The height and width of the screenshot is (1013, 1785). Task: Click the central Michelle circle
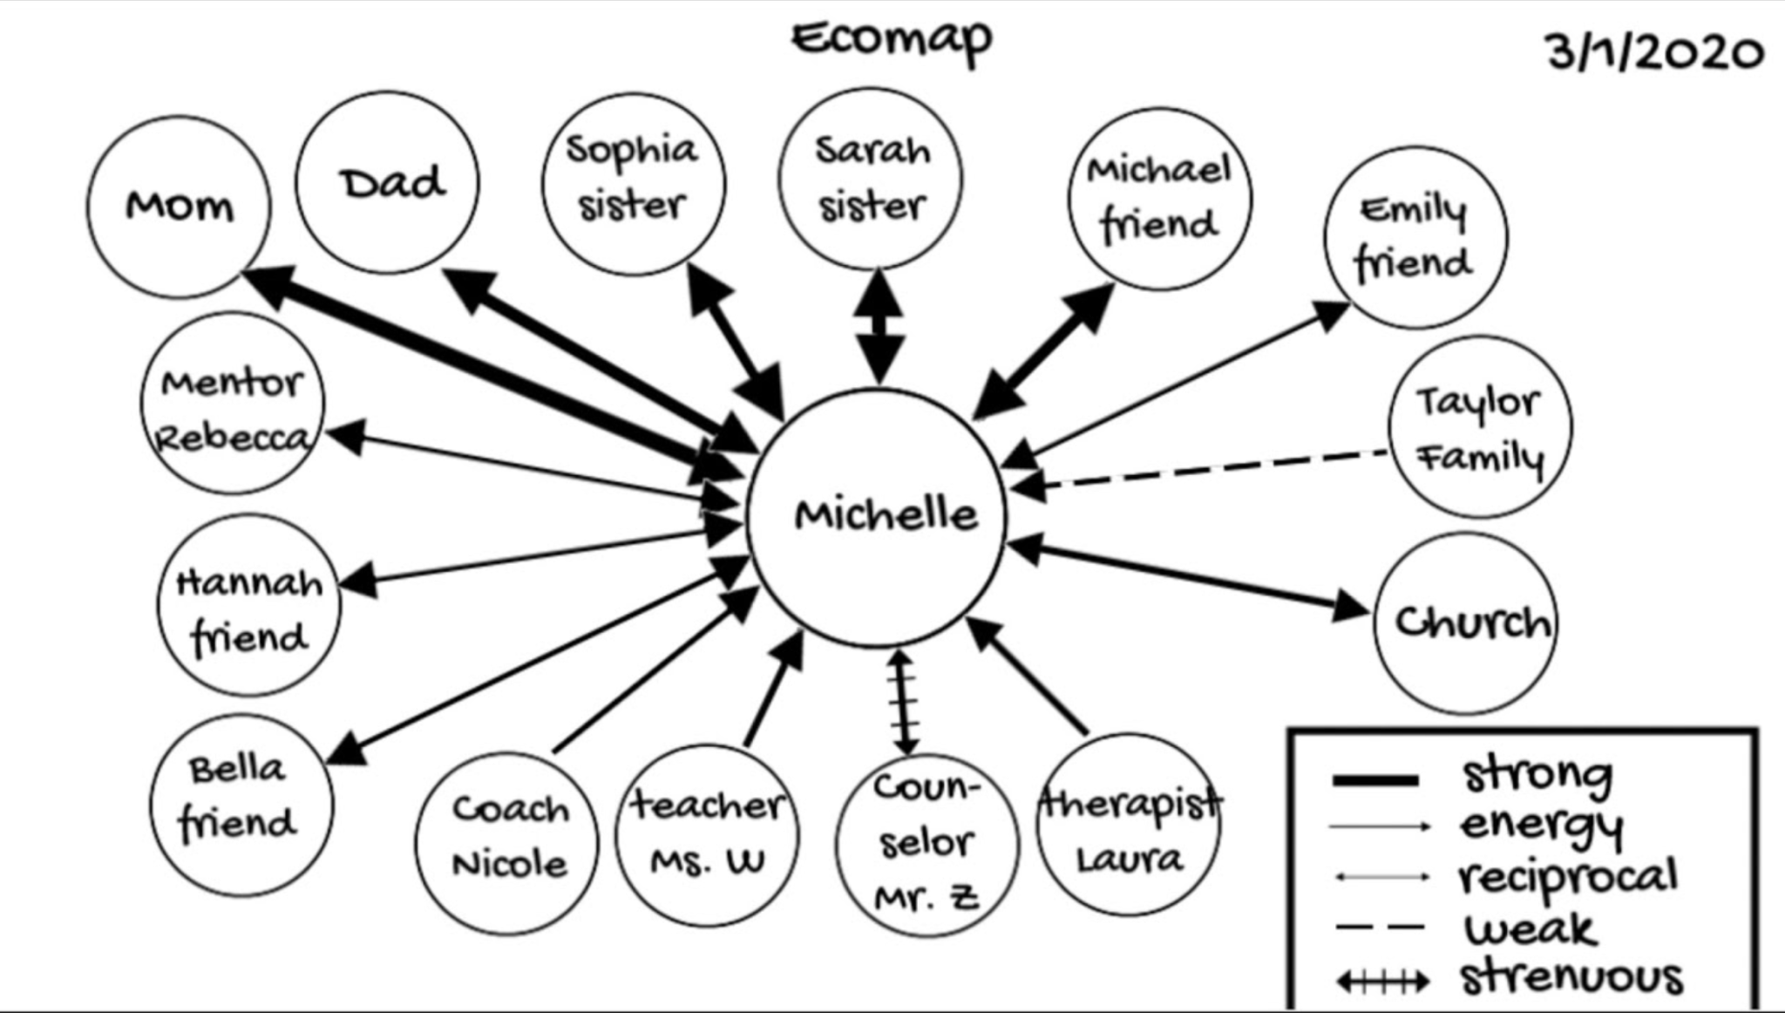tap(876, 517)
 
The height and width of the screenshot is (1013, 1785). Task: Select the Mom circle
tap(179, 207)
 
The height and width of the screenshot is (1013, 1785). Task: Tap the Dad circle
tap(388, 183)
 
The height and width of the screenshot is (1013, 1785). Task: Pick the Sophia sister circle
tap(634, 184)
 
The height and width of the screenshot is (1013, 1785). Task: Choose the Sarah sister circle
tap(871, 179)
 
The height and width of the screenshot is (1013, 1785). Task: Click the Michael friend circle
tap(1160, 199)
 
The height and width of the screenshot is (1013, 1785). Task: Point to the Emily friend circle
tap(1415, 237)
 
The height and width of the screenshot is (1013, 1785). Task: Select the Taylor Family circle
tap(1480, 428)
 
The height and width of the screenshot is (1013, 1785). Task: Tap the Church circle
tap(1466, 622)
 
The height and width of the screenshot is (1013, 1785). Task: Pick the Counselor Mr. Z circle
tap(926, 844)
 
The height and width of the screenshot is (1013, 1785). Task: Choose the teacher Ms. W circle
tap(707, 834)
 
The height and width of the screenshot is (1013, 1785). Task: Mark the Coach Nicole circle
tap(507, 842)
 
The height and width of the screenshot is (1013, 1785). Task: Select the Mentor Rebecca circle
tap(233, 404)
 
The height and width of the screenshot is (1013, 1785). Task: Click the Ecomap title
tap(892, 39)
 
